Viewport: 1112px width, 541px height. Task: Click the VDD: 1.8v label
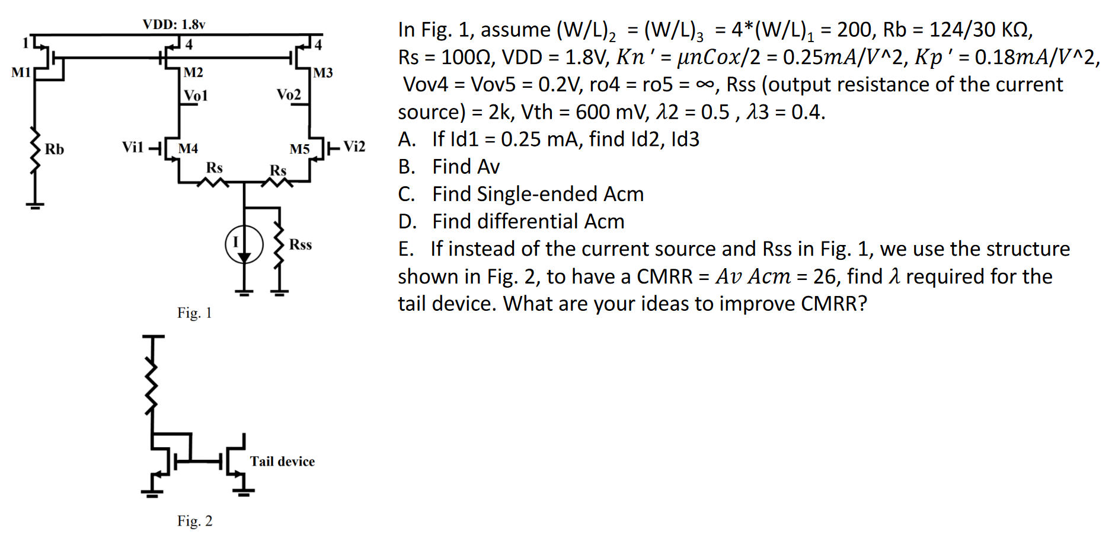tap(174, 24)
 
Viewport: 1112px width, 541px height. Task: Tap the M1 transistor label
tap(21, 72)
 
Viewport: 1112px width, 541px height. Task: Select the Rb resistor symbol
tap(36, 149)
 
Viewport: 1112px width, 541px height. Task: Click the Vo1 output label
tap(196, 96)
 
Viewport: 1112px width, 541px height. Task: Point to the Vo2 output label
tap(289, 95)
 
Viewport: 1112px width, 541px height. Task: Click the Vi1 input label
tap(133, 147)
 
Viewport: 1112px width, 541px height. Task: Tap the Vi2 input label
tap(354, 147)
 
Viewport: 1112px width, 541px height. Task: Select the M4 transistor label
tap(188, 148)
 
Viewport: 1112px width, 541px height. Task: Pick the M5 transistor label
tap(299, 149)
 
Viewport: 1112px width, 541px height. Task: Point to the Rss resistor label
tap(301, 244)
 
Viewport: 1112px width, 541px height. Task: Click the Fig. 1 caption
tap(194, 313)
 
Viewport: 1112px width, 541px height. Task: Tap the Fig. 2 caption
tap(194, 521)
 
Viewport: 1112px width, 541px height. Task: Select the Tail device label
tap(282, 462)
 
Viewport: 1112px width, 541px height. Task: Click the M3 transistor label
tap(323, 73)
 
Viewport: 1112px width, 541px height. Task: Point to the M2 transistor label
tap(193, 72)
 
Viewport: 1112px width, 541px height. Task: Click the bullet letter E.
tap(405, 249)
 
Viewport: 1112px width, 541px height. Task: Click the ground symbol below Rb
tap(36, 205)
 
